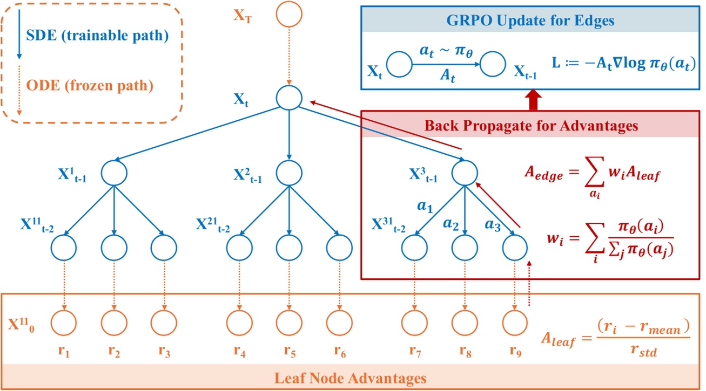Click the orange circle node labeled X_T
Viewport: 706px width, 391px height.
point(289,15)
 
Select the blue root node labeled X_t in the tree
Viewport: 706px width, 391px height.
point(289,98)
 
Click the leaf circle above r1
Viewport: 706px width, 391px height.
point(64,323)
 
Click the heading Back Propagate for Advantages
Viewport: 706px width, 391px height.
point(532,126)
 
